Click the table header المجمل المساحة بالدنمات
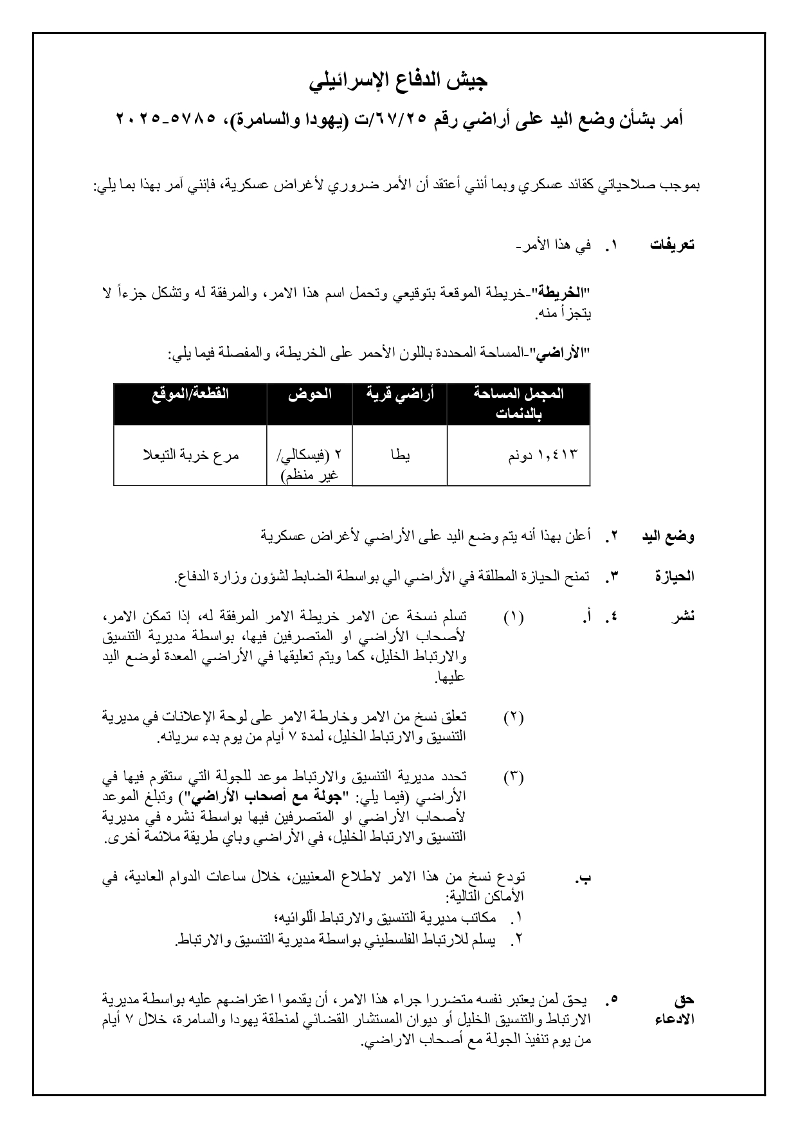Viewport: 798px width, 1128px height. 518,404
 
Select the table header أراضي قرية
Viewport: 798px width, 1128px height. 399,394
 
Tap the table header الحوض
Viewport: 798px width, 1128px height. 309,394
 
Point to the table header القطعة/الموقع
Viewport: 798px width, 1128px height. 190,394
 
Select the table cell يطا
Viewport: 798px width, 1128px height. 399,455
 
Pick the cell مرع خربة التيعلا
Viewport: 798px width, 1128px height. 190,455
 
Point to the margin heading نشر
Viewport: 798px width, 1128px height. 683,616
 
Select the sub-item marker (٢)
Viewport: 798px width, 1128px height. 513,717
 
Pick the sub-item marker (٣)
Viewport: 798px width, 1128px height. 513,777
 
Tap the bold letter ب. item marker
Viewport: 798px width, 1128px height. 584,877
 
